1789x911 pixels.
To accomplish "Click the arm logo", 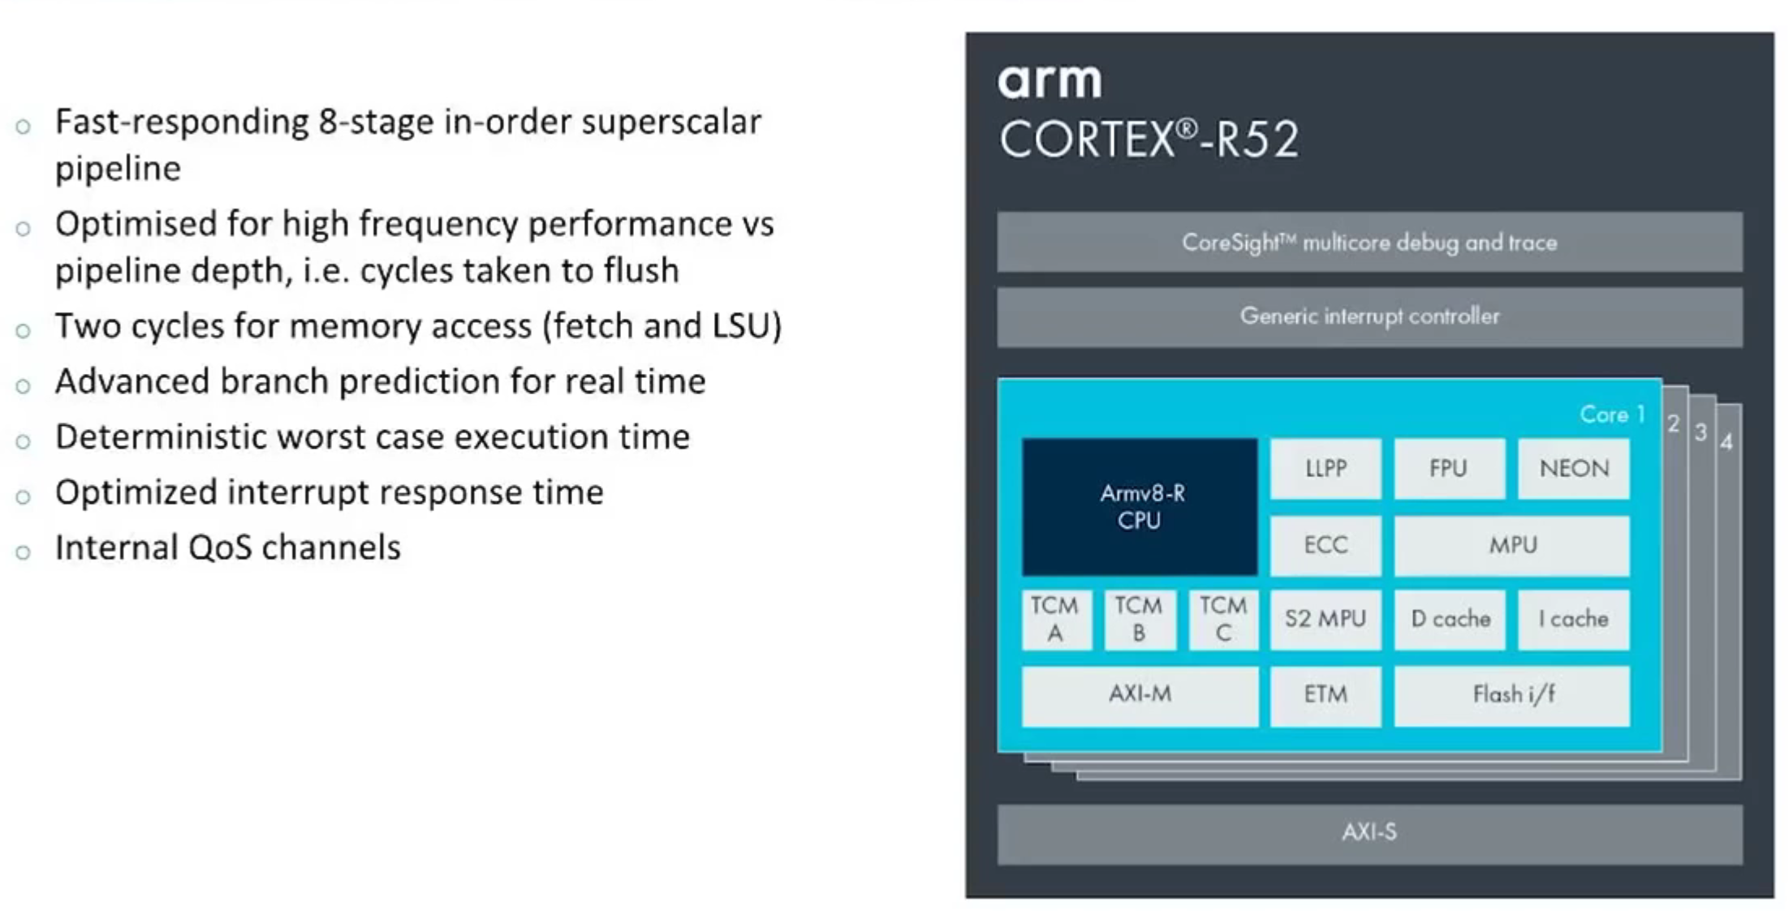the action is tap(1050, 82).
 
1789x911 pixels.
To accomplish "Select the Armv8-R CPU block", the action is tap(1140, 507).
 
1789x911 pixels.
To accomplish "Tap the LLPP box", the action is tap(1326, 469).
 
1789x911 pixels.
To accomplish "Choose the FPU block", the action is tap(1449, 469).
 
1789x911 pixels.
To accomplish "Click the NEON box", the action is tap(1573, 469).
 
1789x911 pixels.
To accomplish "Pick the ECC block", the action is tap(1326, 545).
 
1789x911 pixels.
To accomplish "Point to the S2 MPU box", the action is tap(1326, 619).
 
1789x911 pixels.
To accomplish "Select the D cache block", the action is tap(1450, 619).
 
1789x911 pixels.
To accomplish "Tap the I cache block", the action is tap(1573, 619).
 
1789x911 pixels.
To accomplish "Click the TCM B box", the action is tap(1139, 619).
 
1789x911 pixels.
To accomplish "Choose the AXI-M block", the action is tap(1140, 694).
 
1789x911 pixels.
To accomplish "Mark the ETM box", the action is tap(1326, 694).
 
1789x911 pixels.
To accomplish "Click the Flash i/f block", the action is tap(1512, 694).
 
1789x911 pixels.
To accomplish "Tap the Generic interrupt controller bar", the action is tap(1369, 316).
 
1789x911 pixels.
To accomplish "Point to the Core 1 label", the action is tap(1611, 415).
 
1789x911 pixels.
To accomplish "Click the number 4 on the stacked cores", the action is tap(1726, 442).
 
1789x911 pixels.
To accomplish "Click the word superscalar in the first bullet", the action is tap(671, 122).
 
